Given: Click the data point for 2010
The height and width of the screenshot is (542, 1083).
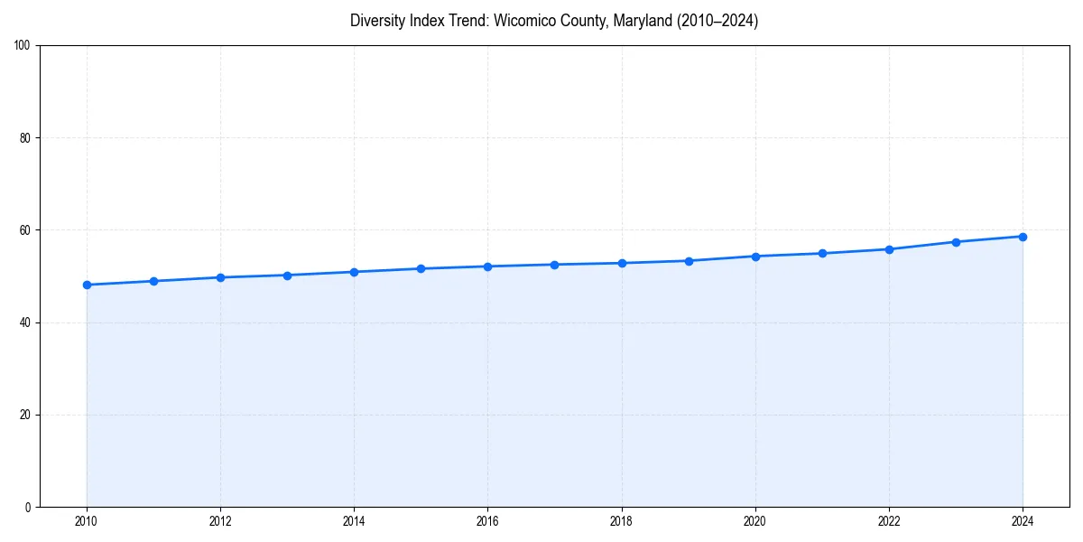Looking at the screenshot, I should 87,285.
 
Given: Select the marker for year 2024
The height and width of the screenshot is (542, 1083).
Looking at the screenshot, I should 1023,237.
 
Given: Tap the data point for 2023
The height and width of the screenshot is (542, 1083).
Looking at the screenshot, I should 956,242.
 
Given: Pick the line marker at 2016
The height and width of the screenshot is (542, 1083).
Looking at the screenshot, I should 487,266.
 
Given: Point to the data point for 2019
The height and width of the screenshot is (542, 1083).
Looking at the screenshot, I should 689,261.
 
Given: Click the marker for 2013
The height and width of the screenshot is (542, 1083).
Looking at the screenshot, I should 287,276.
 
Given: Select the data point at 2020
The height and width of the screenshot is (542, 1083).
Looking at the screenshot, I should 755,257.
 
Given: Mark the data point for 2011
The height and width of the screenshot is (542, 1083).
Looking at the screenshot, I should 153,281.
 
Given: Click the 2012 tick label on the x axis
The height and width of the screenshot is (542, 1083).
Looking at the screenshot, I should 220,521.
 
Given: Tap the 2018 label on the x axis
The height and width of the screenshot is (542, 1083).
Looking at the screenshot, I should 621,521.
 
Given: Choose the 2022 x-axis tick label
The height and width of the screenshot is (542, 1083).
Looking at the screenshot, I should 889,521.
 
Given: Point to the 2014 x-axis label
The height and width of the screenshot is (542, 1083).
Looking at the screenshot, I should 354,521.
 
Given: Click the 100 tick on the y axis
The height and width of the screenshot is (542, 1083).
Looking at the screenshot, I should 22,46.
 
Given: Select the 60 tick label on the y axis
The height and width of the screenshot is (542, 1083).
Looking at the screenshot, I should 24,230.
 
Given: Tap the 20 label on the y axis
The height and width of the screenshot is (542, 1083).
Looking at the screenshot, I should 24,415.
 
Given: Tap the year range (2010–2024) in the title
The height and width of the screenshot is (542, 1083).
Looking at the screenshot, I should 718,21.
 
